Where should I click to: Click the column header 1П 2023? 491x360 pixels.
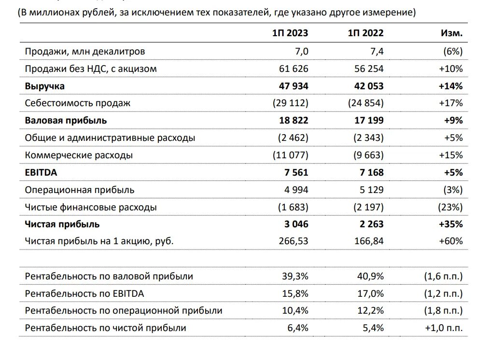290,33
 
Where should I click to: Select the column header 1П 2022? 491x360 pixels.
365,33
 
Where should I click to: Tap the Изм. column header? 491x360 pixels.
452,33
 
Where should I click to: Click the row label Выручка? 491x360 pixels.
45,86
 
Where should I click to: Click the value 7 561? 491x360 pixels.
295,172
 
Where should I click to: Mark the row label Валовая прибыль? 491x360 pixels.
66,120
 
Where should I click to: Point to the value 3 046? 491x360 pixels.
295,224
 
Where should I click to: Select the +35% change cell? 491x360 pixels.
451,224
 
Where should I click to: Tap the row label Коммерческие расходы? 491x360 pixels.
79,155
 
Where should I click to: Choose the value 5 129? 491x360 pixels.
371,190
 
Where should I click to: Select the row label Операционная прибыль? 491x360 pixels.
80,190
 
